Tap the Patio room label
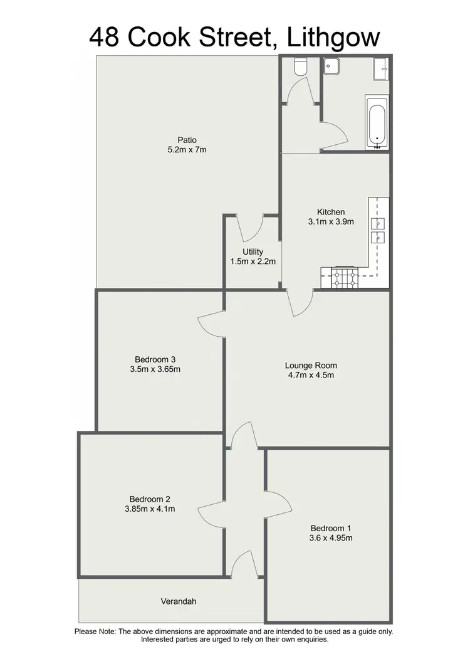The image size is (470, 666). [187, 140]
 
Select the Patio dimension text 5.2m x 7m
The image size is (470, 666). [187, 150]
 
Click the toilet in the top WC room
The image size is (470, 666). [300, 67]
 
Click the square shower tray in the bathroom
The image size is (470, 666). [332, 66]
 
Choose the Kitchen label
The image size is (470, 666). [331, 212]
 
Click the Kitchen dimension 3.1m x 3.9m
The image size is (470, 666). [331, 221]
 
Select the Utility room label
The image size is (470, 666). [253, 251]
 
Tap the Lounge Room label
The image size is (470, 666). [311, 366]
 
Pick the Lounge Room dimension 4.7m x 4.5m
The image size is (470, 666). [311, 376]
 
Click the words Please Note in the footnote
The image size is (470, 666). [95, 632]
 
